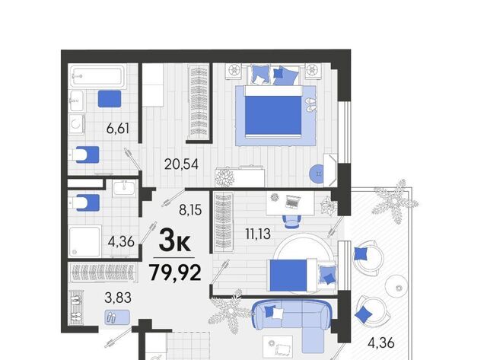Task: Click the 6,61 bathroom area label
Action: [118, 128]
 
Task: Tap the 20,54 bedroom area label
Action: [181, 164]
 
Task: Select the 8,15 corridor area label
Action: [190, 210]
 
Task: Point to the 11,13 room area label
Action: [258, 234]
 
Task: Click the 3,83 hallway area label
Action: [118, 298]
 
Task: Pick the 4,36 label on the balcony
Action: [380, 343]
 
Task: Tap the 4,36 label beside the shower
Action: [121, 241]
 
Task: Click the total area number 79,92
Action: [175, 272]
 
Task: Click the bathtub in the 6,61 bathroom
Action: [97, 76]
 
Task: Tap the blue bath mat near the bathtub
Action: [110, 99]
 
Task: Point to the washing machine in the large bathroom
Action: [77, 124]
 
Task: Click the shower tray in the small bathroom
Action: [84, 241]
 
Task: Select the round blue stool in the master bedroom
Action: [317, 174]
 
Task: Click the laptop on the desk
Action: [293, 202]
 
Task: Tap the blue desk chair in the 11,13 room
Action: [291, 221]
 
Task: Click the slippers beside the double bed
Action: [310, 105]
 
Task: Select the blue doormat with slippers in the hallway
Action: [117, 317]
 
